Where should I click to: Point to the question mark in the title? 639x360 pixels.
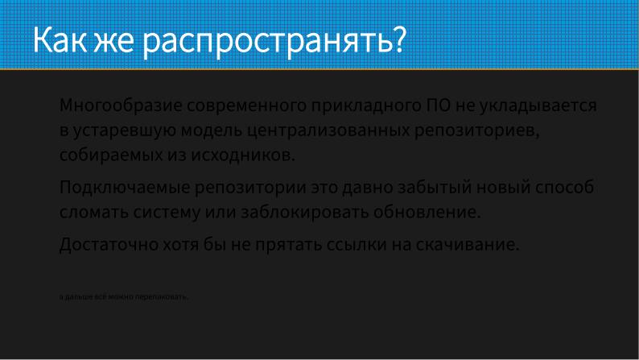(396, 39)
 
